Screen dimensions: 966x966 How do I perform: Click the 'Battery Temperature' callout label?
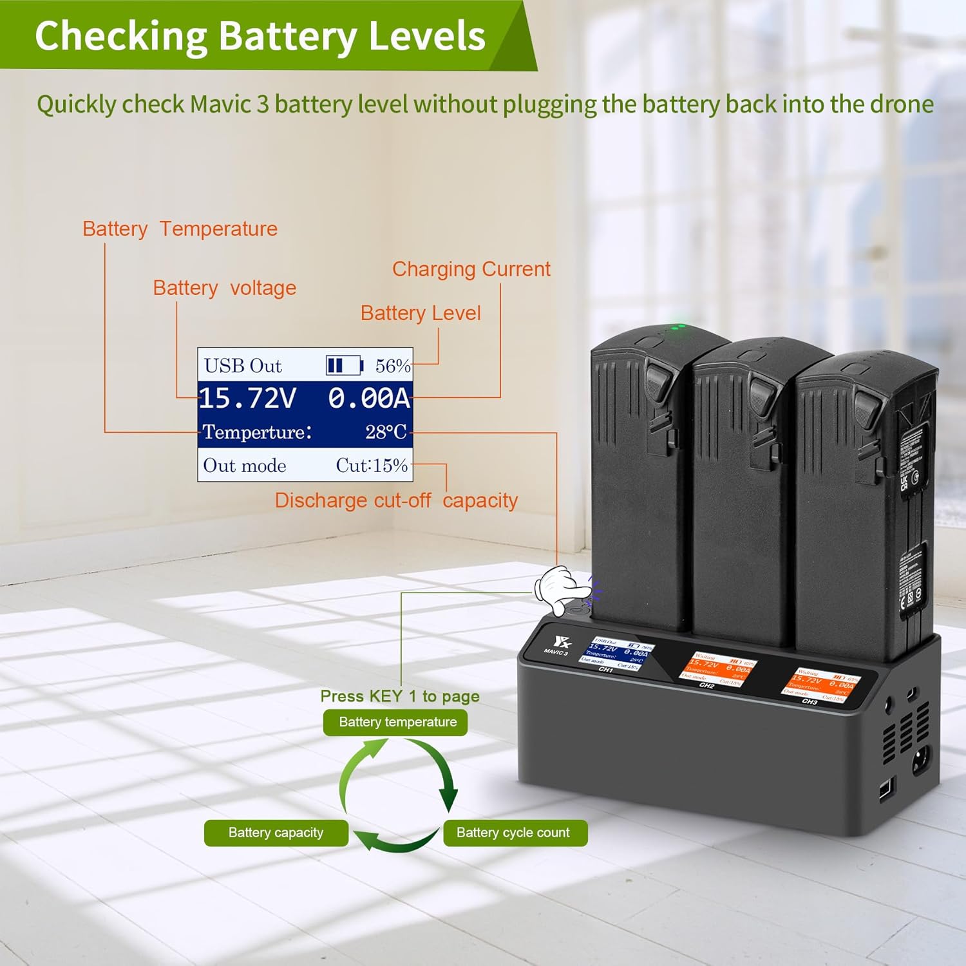click(x=180, y=229)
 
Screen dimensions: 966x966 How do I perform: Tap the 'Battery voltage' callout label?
click(x=224, y=288)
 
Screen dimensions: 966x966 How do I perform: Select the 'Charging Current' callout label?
click(x=471, y=269)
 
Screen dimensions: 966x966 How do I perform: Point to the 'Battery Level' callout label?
click(x=420, y=313)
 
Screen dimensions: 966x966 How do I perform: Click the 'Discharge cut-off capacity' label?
click(x=396, y=500)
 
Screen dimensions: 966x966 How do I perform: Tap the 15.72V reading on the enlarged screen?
click(x=247, y=399)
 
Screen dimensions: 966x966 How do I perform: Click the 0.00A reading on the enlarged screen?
click(x=368, y=399)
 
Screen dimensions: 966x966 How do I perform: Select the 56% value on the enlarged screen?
click(x=392, y=366)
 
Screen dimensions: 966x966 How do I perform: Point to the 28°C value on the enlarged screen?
click(x=386, y=431)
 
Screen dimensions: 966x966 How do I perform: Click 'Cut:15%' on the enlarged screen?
click(x=372, y=465)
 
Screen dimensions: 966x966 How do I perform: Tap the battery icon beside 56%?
click(x=344, y=366)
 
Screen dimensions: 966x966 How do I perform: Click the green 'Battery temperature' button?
click(x=395, y=722)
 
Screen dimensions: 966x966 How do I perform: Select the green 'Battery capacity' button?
click(x=276, y=833)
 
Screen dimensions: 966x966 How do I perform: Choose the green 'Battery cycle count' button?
click(x=515, y=833)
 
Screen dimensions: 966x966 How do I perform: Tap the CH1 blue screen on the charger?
click(x=616, y=654)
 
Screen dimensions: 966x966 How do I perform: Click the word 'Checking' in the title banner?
click(x=120, y=35)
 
